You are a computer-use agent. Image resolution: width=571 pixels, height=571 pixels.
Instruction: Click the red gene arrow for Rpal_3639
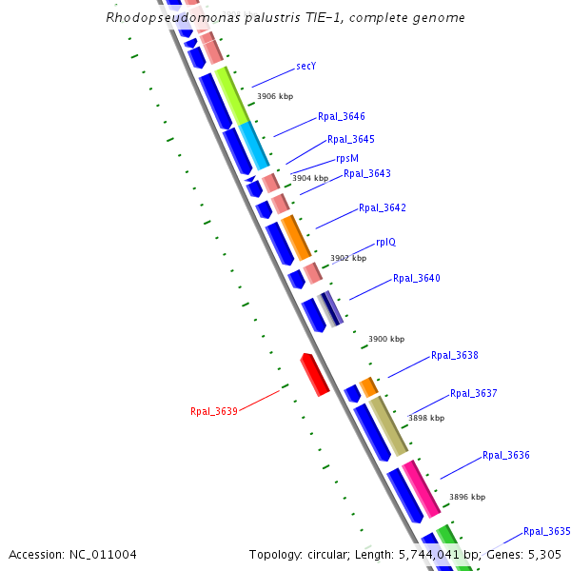tap(315, 374)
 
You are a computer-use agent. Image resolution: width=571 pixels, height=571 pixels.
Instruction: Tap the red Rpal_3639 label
tap(214, 411)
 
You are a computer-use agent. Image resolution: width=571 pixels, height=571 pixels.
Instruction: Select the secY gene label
tap(306, 67)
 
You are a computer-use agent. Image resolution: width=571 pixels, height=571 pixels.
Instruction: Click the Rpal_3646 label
tap(342, 117)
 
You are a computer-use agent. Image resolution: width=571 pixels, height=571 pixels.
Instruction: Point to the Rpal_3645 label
tap(351, 139)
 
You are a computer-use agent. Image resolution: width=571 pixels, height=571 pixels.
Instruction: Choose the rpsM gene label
tap(347, 158)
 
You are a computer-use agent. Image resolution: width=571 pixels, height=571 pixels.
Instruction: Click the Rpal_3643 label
tap(367, 173)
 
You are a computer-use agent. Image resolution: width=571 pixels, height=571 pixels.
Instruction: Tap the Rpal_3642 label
tap(383, 208)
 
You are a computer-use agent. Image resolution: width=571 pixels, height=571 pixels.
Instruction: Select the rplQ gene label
tap(385, 242)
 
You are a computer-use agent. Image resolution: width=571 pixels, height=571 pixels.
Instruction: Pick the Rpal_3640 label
tap(417, 279)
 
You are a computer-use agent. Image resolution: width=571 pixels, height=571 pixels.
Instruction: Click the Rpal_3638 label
tap(455, 356)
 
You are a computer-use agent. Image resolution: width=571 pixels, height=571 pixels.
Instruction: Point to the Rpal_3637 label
tap(474, 393)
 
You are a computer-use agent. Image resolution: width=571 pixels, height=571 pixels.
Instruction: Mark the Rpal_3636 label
tap(506, 455)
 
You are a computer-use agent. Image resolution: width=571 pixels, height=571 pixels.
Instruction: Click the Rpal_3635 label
tap(547, 531)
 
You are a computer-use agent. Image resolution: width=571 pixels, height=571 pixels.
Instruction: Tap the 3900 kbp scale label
tap(386, 339)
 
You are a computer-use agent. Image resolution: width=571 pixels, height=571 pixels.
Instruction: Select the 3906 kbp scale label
tap(275, 96)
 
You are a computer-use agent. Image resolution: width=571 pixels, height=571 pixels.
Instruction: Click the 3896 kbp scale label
tap(467, 497)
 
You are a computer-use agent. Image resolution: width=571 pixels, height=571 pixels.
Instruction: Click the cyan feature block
tap(253, 146)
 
